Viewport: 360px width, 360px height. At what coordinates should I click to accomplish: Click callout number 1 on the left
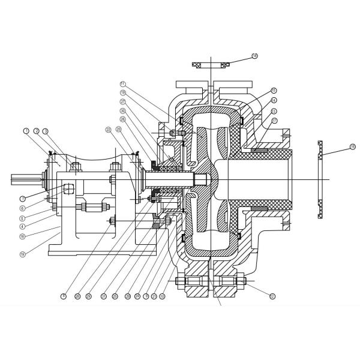pyautogui.click(x=26, y=130)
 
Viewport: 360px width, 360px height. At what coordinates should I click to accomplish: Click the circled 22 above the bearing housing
pyautogui.click(x=108, y=130)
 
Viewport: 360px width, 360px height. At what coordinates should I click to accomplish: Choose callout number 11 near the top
pyautogui.click(x=122, y=83)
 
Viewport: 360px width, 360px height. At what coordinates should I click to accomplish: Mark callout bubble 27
pyautogui.click(x=122, y=102)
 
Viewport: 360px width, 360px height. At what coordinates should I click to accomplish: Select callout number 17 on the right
pyautogui.click(x=274, y=121)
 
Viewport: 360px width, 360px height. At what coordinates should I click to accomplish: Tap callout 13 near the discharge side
pyautogui.click(x=274, y=111)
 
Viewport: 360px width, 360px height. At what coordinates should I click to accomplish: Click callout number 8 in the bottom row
pyautogui.click(x=63, y=296)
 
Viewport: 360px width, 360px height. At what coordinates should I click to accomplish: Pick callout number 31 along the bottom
pyautogui.click(x=103, y=296)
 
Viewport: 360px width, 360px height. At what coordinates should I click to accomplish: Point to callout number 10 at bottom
pyautogui.click(x=162, y=296)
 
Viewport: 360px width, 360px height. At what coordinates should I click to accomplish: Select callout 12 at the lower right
pyautogui.click(x=272, y=295)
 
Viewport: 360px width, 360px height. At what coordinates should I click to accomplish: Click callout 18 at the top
pyautogui.click(x=254, y=56)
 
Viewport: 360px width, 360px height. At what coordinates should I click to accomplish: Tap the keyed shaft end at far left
pyautogui.click(x=24, y=178)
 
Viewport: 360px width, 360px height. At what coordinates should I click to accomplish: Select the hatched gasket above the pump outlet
pyautogui.click(x=210, y=64)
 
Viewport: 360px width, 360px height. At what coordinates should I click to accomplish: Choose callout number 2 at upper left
pyautogui.click(x=36, y=130)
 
